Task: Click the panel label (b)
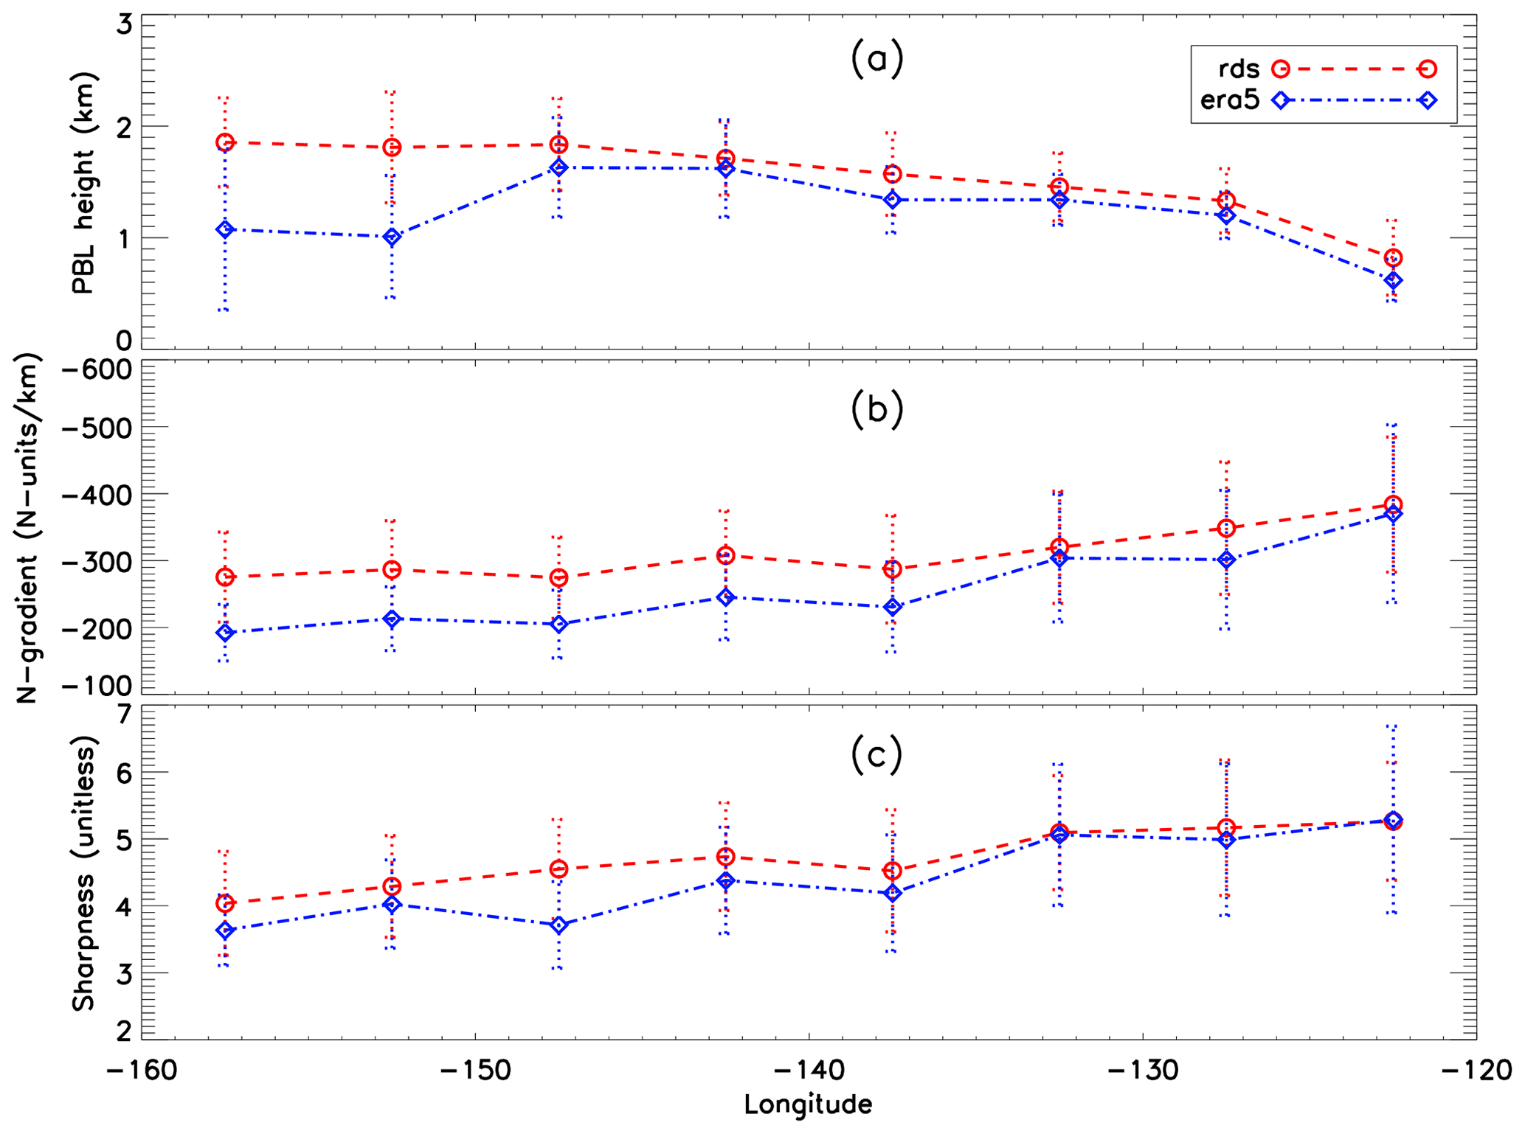876,410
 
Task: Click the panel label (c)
876,756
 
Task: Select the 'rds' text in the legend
1239,69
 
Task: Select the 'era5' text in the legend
1230,101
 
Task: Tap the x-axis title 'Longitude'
808,1105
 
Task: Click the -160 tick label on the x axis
141,1071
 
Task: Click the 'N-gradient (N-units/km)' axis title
27,528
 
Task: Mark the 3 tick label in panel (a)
123,25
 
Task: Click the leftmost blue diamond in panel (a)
225,230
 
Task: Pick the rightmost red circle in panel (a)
1393,257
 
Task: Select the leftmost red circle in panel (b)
225,577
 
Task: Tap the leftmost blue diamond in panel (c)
225,930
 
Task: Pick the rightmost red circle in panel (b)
1393,504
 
